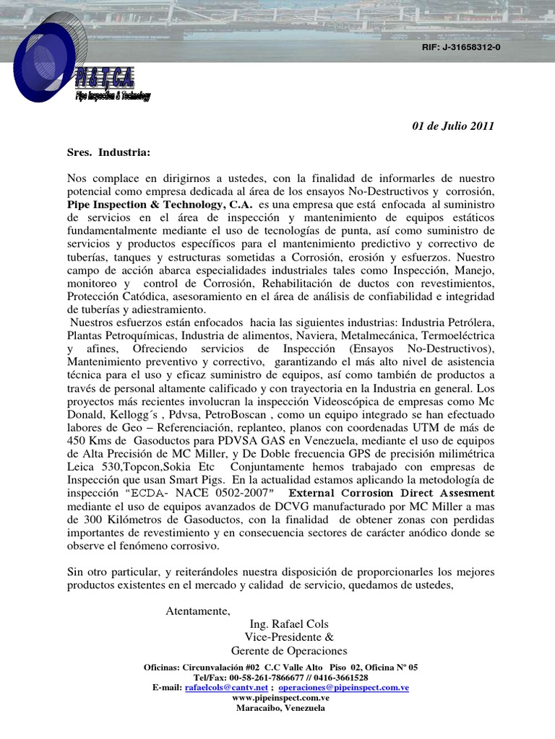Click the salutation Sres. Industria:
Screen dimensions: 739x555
tap(109, 152)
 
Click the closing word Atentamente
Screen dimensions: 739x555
tap(198, 611)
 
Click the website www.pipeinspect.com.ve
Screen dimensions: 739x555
tap(281, 698)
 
